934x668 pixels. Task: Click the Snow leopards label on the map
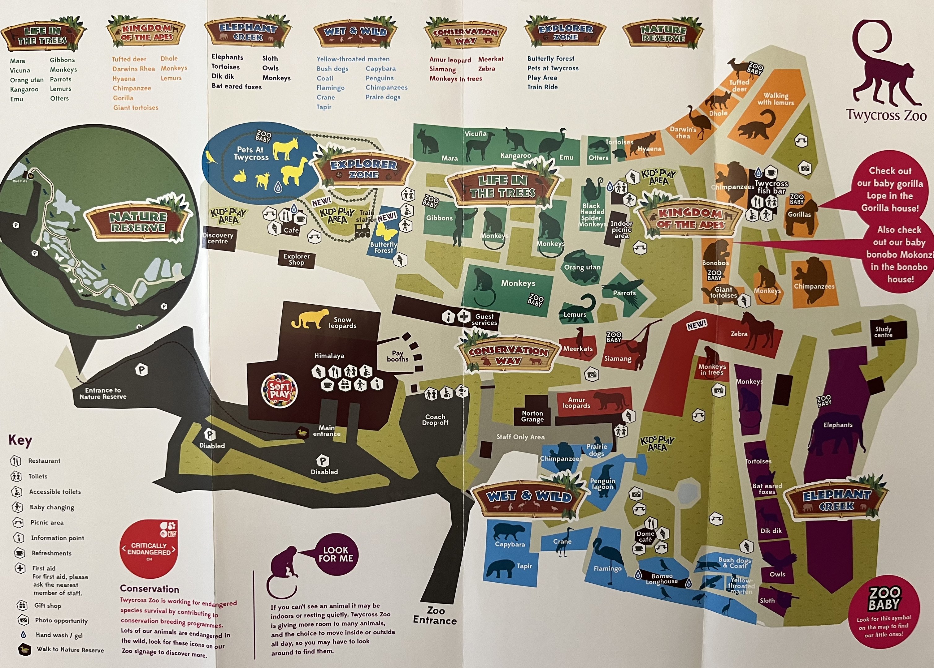click(x=342, y=323)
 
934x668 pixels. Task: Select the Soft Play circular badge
click(x=280, y=390)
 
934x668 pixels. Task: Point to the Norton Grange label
click(x=532, y=416)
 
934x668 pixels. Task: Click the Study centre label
click(x=883, y=332)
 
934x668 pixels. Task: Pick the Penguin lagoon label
click(x=603, y=484)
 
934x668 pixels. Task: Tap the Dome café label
click(x=645, y=536)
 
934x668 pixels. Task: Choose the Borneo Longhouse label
click(x=662, y=579)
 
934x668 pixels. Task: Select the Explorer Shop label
click(x=296, y=259)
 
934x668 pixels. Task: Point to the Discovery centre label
click(x=218, y=238)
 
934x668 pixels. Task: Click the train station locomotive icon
click(x=362, y=231)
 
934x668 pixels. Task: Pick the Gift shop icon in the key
click(x=22, y=605)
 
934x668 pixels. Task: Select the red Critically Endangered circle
click(x=149, y=549)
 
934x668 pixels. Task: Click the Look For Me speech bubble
click(x=336, y=554)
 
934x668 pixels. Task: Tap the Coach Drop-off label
click(x=435, y=420)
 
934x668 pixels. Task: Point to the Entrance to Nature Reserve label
click(x=103, y=393)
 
